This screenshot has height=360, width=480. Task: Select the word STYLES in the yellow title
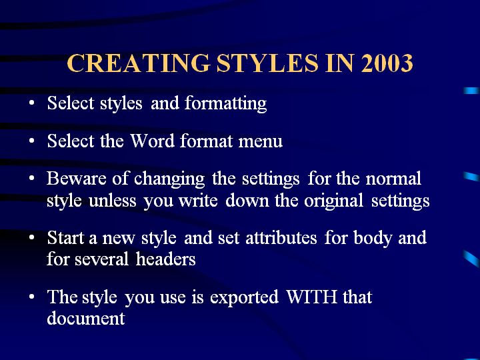[x=267, y=63]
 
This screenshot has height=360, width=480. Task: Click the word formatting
[x=225, y=103]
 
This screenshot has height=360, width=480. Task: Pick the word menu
[x=261, y=142]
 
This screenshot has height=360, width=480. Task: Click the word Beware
[x=77, y=178]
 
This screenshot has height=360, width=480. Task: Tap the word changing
[x=169, y=179]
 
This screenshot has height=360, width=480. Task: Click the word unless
[x=113, y=201]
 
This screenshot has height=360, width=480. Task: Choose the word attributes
[x=281, y=237]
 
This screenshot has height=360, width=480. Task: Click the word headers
[x=165, y=259]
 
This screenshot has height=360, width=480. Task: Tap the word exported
[x=244, y=297]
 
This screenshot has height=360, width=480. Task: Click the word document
[x=86, y=318]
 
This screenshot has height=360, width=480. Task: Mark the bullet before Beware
[x=32, y=178]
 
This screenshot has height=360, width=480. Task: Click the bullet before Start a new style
[x=32, y=237]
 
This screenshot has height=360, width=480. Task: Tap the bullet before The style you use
[x=32, y=297]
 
